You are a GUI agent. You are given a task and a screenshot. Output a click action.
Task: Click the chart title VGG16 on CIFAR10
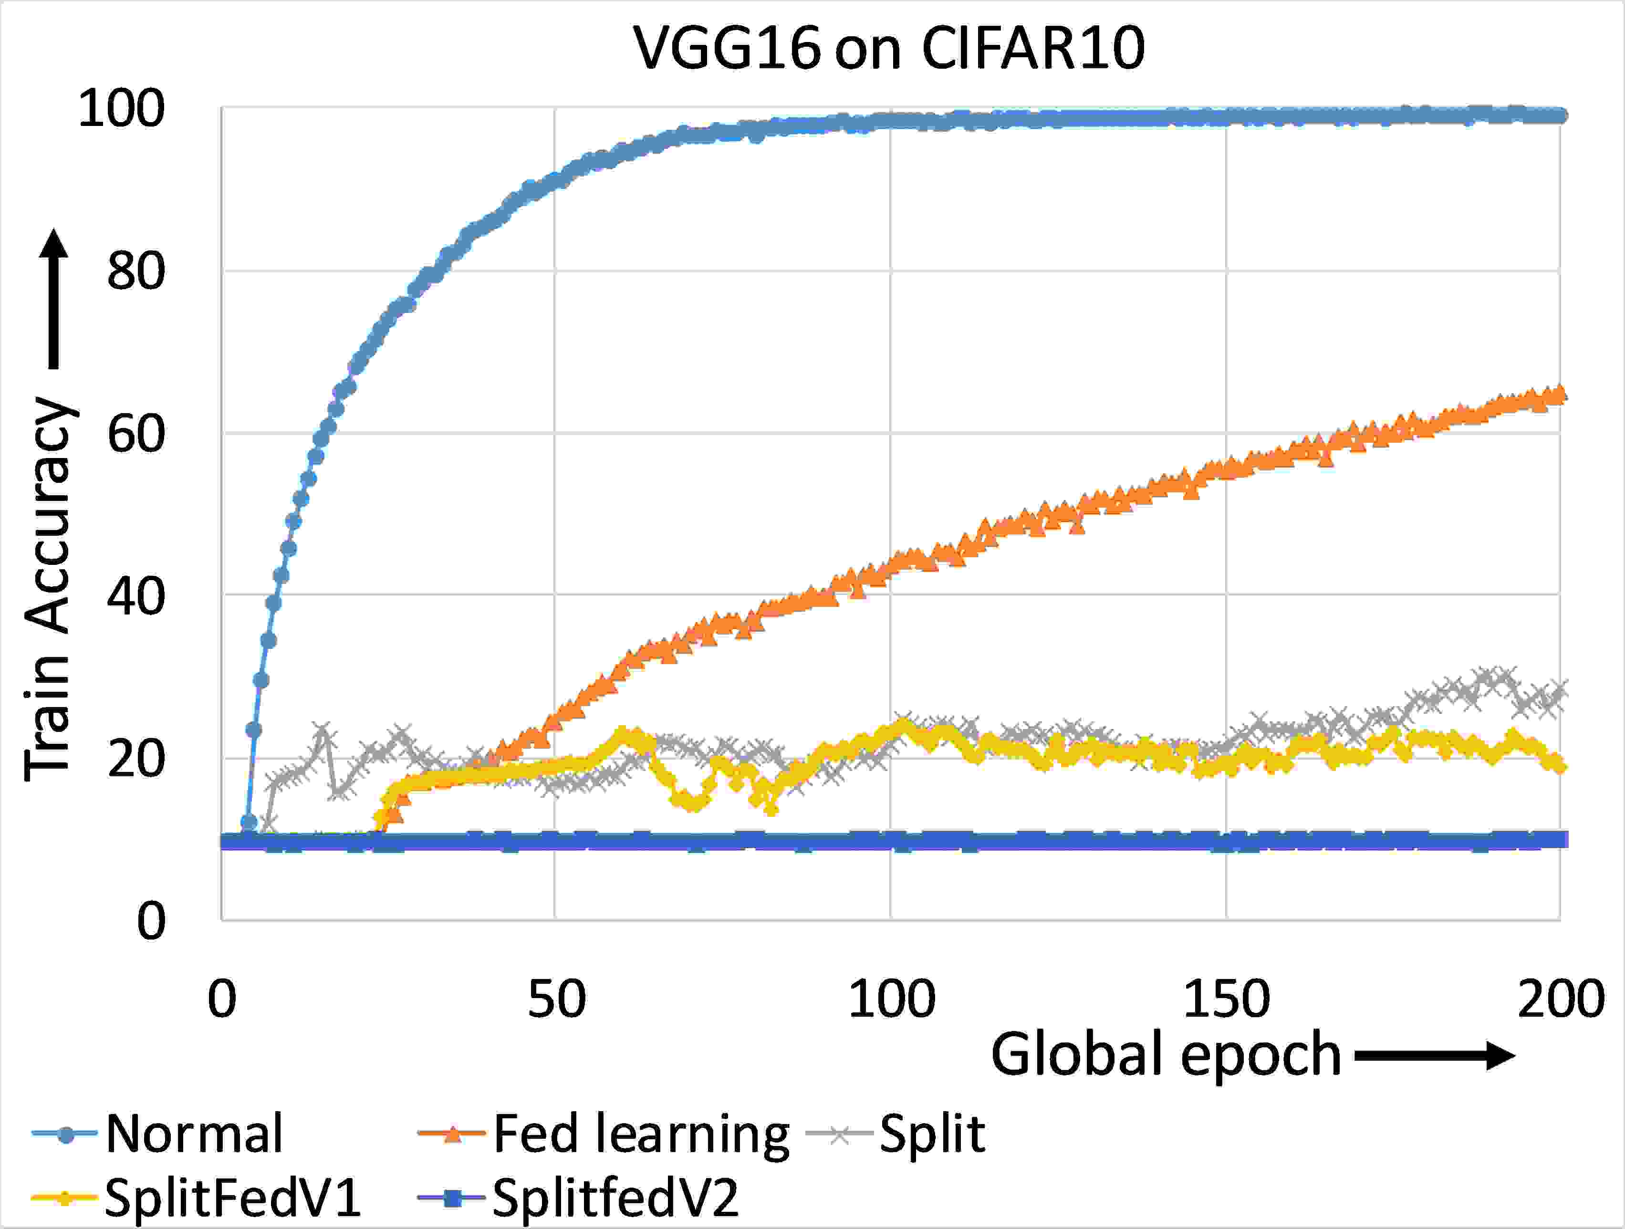coord(889,49)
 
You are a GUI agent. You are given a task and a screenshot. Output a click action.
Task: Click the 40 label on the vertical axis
coord(136,596)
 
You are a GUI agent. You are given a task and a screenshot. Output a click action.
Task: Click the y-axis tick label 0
coord(151,920)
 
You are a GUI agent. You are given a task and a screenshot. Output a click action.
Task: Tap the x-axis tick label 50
coord(556,999)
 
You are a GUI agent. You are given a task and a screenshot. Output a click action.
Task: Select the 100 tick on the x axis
coord(891,999)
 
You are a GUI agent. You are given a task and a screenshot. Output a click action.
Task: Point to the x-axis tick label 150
coord(1226,999)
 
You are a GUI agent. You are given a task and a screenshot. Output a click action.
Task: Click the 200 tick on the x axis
coord(1560,999)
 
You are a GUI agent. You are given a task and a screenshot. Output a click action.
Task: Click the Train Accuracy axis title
coord(50,588)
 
